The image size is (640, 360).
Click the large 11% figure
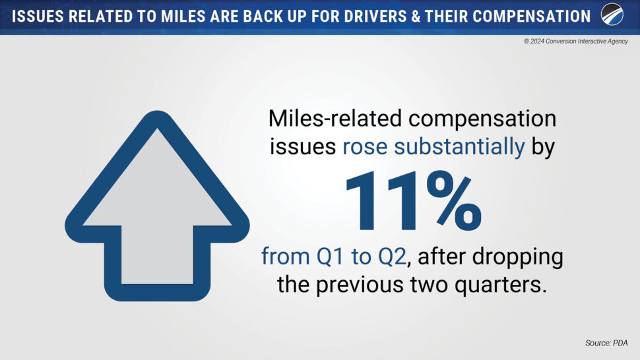[x=414, y=201]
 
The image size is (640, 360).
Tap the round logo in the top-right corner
[x=612, y=15]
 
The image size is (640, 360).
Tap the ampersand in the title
[x=416, y=16]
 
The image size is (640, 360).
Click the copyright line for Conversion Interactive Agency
[x=576, y=41]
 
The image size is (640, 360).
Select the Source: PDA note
[x=606, y=343]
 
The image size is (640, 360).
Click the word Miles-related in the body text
[x=335, y=119]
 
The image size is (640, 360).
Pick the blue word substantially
[x=459, y=147]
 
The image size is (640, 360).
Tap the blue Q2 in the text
[x=392, y=257]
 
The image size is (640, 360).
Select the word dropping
[x=517, y=258]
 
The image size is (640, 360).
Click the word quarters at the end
[x=500, y=285]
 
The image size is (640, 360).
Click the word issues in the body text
[x=303, y=146]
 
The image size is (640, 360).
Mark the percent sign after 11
[x=454, y=201]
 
